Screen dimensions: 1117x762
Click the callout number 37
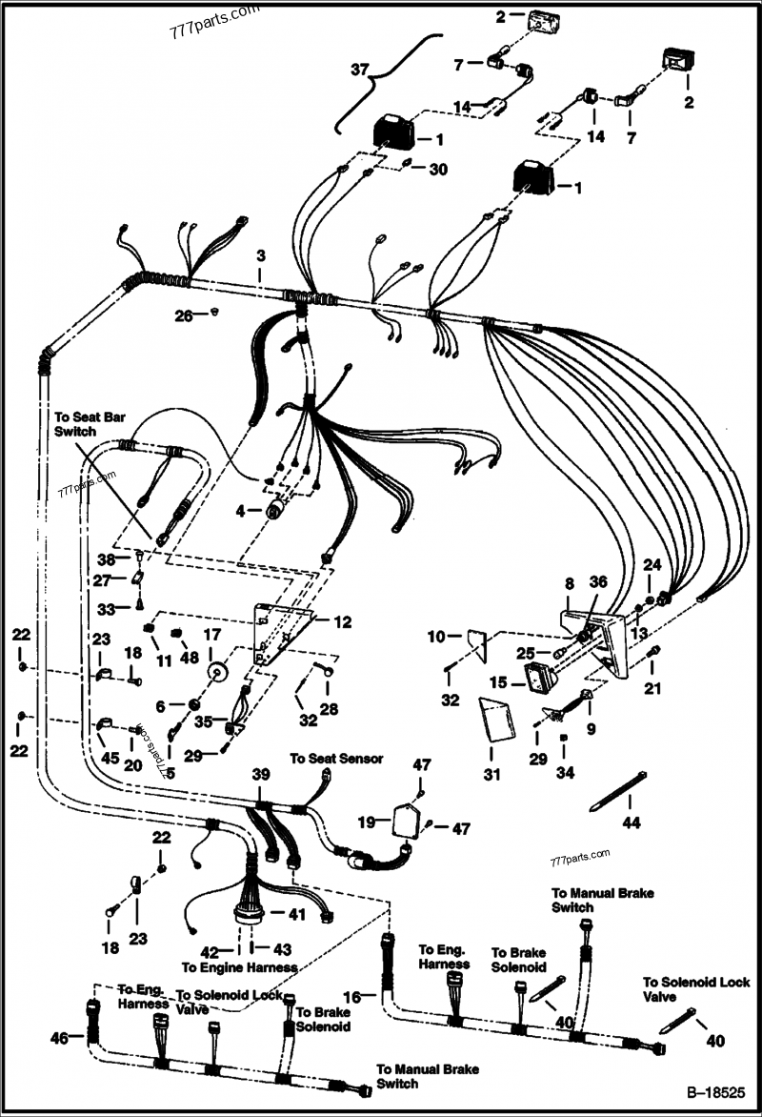pos(359,71)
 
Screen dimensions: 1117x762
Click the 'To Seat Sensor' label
pos(336,759)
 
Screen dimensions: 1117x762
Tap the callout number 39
pos(261,777)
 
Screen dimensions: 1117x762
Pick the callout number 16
pos(352,997)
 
